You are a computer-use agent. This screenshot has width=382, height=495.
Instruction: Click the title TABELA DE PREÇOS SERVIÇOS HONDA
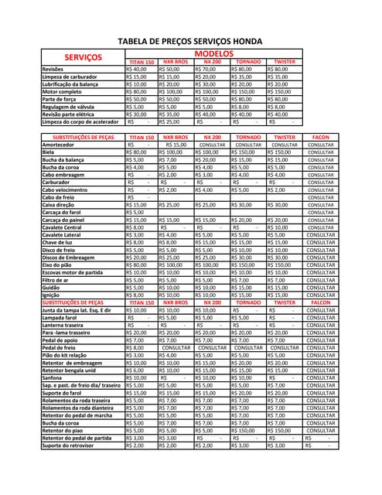189,41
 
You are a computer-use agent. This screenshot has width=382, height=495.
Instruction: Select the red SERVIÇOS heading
83,57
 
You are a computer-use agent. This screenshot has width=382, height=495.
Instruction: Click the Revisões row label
53,70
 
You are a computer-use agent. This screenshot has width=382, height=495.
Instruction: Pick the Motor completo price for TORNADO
248,92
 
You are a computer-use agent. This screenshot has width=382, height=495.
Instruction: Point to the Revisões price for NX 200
210,70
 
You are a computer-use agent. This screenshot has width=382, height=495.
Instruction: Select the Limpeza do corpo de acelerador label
80,122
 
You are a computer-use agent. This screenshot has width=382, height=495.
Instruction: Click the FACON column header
321,137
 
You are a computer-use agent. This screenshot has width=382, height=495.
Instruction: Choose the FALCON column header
321,303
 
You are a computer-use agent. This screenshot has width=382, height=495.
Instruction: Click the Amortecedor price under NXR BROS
176,145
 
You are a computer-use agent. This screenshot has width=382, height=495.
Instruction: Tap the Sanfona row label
53,378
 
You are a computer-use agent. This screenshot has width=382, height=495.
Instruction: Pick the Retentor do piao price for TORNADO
248,431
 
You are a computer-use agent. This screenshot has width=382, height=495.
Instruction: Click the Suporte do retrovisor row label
70,446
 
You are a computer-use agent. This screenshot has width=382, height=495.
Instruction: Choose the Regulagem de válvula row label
70,107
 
